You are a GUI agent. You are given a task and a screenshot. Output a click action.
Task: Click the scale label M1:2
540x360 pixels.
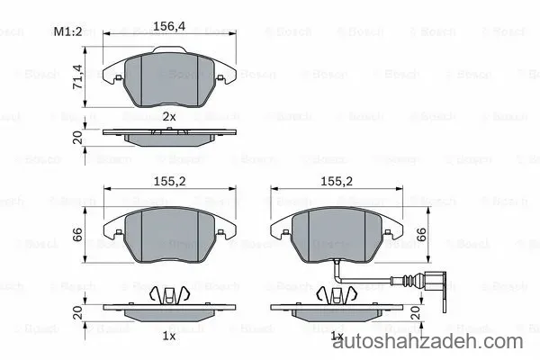coord(68,31)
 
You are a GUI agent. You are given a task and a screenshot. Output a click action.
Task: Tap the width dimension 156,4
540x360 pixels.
coord(169,26)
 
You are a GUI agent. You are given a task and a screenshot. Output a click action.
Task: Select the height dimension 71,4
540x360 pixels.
coord(77,76)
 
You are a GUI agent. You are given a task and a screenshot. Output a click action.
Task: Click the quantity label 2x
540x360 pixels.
coord(169,117)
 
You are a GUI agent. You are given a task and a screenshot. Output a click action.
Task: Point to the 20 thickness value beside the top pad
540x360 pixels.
coord(77,138)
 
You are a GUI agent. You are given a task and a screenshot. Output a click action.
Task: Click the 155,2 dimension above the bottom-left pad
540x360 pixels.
coord(169,181)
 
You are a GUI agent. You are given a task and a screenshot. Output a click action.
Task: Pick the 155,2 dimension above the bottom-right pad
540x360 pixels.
coord(337,181)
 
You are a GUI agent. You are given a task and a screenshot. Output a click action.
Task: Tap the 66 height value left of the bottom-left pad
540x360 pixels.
coord(77,234)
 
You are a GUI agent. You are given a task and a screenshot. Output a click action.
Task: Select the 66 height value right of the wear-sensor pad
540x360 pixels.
coord(421,234)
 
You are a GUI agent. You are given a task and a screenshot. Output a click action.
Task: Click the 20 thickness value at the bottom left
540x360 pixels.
coord(77,312)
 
